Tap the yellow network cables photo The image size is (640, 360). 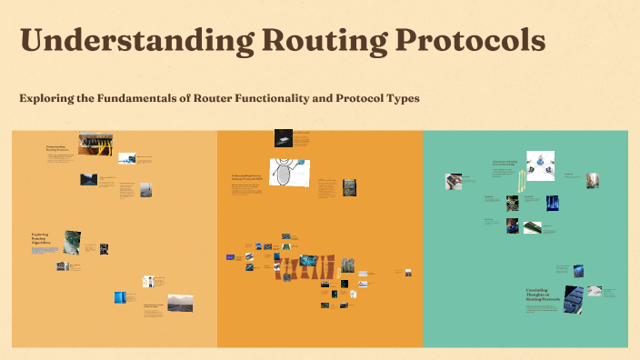pyautogui.click(x=95, y=144)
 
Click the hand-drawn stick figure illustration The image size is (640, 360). pyautogui.click(x=289, y=172)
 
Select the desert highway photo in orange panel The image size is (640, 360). pyautogui.click(x=180, y=302)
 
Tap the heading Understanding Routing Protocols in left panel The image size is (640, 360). pyautogui.click(x=57, y=147)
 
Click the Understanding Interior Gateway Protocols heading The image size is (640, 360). pyautogui.click(x=251, y=177)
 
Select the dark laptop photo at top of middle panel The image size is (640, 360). pyautogui.click(x=285, y=138)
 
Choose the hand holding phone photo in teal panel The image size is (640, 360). pyautogui.click(x=453, y=182)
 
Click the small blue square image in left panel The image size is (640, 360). pyautogui.click(x=119, y=297)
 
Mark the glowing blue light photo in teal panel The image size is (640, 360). pyautogui.click(x=552, y=204)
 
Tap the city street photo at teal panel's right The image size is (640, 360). pyautogui.click(x=592, y=179)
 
